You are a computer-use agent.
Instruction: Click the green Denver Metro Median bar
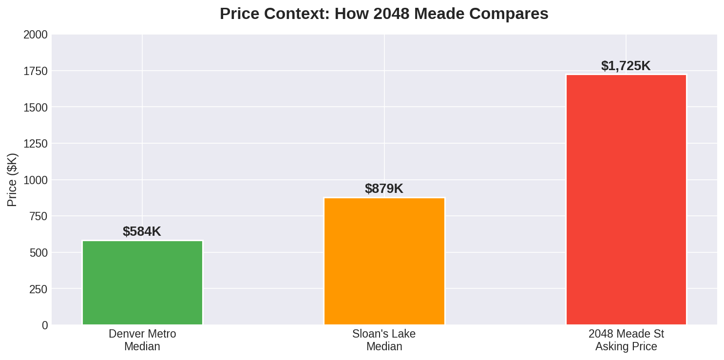click(142, 283)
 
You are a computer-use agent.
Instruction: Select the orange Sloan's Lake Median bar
click(384, 261)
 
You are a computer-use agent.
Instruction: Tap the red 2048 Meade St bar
click(626, 200)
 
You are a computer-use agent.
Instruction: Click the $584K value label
click(142, 232)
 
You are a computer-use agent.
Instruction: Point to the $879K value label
click(384, 189)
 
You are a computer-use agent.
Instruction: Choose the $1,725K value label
click(626, 66)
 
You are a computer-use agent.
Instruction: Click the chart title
click(384, 14)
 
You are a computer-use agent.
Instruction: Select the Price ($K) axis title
click(12, 180)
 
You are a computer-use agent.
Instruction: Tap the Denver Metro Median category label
click(142, 340)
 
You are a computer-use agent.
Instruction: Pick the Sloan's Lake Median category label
click(384, 340)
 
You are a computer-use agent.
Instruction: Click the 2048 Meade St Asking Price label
click(626, 340)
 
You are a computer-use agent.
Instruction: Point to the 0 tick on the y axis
click(45, 325)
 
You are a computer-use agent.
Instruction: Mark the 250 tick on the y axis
click(38, 289)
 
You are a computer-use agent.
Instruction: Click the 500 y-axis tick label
click(38, 253)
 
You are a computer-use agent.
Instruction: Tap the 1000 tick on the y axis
click(36, 180)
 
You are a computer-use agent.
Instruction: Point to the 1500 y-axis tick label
click(36, 108)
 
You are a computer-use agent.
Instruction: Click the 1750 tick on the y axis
click(36, 72)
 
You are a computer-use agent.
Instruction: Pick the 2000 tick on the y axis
click(36, 35)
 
